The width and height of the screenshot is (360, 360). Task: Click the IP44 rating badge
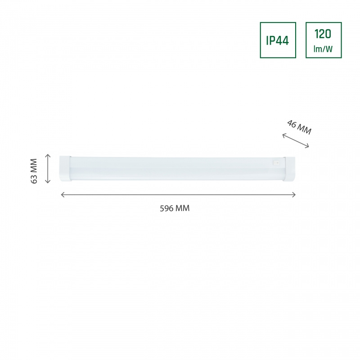tap(278, 40)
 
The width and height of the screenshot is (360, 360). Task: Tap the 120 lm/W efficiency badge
tap(324, 40)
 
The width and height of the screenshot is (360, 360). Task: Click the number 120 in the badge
tap(323, 34)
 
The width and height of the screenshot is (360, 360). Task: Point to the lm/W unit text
tap(323, 49)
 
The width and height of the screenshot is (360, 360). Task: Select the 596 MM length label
tap(175, 208)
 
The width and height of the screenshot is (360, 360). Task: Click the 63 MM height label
tap(34, 171)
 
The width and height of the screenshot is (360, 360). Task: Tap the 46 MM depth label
tap(299, 127)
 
